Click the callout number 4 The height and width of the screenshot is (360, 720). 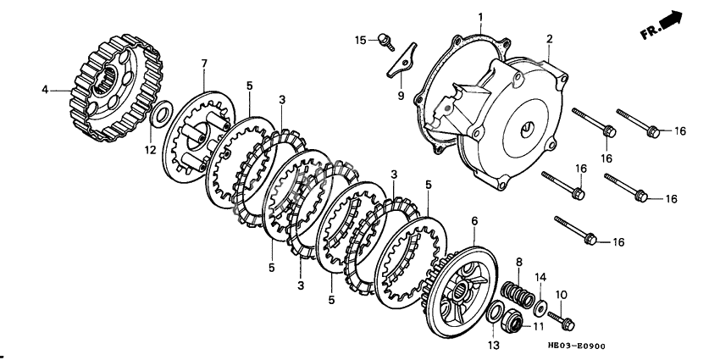(x=44, y=87)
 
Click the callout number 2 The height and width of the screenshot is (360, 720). (x=548, y=39)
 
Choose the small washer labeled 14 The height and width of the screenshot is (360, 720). (x=539, y=303)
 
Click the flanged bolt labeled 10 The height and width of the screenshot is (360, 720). (x=562, y=320)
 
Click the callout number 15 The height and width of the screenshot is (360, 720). (x=359, y=40)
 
